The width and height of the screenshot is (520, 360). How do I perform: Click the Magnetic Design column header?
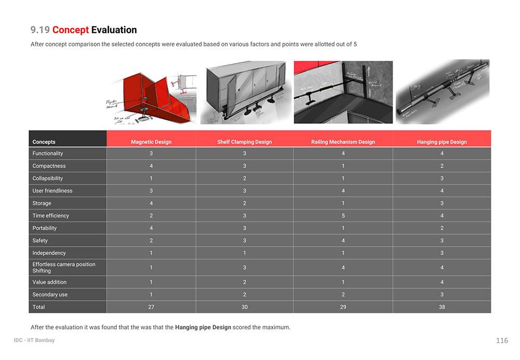pyautogui.click(x=151, y=142)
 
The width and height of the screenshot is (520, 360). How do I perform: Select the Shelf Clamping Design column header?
pyautogui.click(x=244, y=142)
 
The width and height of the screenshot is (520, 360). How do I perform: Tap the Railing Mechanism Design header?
pyautogui.click(x=343, y=142)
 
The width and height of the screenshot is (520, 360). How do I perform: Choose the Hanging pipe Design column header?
pyautogui.click(x=441, y=142)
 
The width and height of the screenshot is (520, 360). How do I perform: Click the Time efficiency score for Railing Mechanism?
pyautogui.click(x=343, y=215)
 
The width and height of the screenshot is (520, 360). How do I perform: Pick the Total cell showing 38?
pyautogui.click(x=441, y=307)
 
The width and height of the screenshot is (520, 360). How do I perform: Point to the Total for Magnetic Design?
pyautogui.click(x=151, y=307)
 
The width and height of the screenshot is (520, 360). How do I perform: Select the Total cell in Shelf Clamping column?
pyautogui.click(x=244, y=307)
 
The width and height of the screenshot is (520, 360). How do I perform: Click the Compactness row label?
pyautogui.click(x=49, y=166)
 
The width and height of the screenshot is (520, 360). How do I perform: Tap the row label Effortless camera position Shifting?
pyautogui.click(x=63, y=267)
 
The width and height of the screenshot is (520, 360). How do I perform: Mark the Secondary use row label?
pyautogui.click(x=50, y=294)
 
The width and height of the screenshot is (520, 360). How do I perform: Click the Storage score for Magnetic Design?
pyautogui.click(x=151, y=203)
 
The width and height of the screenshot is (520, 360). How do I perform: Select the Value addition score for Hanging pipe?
pyautogui.click(x=441, y=282)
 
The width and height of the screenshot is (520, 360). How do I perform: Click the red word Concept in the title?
pyautogui.click(x=70, y=30)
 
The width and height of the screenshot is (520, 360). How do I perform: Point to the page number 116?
pyautogui.click(x=502, y=341)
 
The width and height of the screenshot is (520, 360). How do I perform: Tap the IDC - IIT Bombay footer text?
pyautogui.click(x=34, y=340)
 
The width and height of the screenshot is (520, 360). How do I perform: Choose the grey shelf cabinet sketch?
pyautogui.click(x=244, y=91)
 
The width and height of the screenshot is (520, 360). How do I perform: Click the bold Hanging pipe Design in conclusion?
pyautogui.click(x=203, y=327)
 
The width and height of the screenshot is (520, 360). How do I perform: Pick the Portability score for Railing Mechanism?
pyautogui.click(x=343, y=228)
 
